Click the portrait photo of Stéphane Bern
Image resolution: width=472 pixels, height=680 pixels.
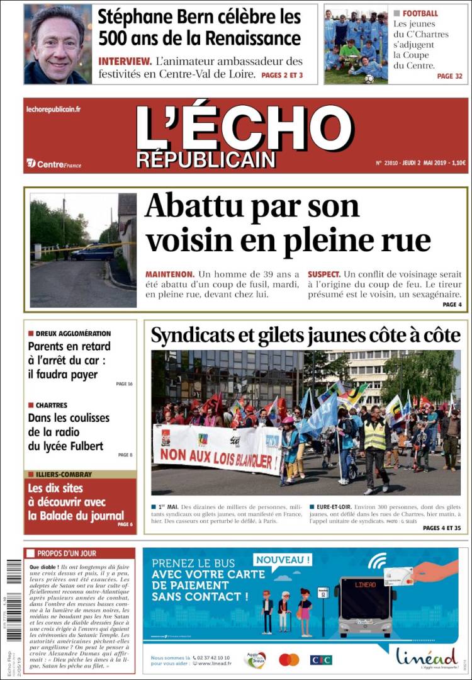pos(58,44)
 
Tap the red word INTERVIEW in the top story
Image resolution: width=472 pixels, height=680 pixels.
pos(124,62)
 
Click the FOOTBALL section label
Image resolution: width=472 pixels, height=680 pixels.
pos(420,13)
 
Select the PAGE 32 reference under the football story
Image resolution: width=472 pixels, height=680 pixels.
pos(449,76)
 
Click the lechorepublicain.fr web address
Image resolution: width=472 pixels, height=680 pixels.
pos(53,109)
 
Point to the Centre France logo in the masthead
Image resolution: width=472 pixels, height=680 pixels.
pos(54,164)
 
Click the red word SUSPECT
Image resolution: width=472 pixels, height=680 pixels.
pos(323,275)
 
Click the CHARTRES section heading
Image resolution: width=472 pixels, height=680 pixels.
pos(51,405)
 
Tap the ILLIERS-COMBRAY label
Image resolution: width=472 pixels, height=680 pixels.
pos(63,474)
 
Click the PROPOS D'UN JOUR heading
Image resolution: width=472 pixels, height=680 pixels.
pos(66,553)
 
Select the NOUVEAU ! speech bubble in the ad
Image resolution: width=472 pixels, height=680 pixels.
pos(283,559)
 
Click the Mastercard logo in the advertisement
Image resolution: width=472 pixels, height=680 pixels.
pos(289,659)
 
